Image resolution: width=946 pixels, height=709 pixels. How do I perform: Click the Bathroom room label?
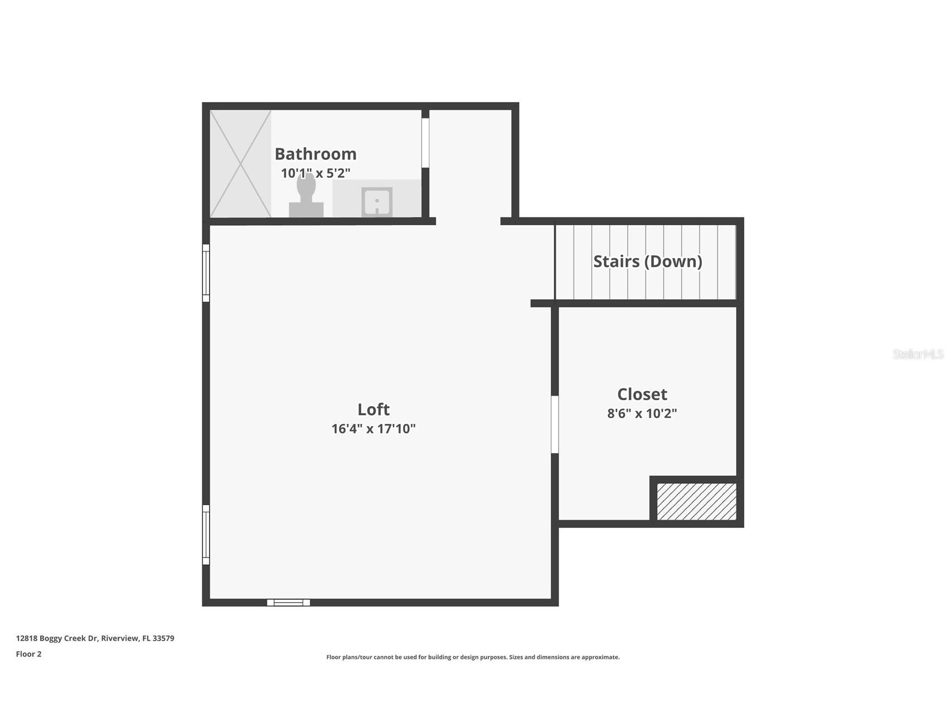pyautogui.click(x=315, y=154)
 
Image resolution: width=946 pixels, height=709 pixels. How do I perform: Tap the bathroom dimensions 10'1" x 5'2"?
pyautogui.click(x=315, y=173)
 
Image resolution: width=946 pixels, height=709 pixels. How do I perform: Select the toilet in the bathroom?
pyautogui.click(x=306, y=196)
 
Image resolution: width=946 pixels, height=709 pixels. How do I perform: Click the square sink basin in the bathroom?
pyautogui.click(x=377, y=202)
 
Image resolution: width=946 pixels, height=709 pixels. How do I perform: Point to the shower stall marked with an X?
pyautogui.click(x=240, y=164)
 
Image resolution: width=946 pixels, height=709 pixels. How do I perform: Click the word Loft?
pyautogui.click(x=373, y=410)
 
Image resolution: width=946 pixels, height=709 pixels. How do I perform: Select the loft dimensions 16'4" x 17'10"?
pyautogui.click(x=373, y=429)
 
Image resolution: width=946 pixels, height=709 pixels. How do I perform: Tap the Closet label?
pyautogui.click(x=642, y=395)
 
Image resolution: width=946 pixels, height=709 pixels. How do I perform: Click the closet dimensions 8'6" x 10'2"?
pyautogui.click(x=642, y=414)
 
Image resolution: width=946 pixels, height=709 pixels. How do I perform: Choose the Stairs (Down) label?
pyautogui.click(x=647, y=261)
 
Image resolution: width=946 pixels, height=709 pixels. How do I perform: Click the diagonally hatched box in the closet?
pyautogui.click(x=696, y=502)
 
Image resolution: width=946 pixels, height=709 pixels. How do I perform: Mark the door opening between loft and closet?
pyautogui.click(x=555, y=424)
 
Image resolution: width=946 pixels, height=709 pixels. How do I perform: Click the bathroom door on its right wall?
pyautogui.click(x=425, y=143)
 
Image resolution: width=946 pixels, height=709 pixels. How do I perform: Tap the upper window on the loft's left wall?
pyautogui.click(x=206, y=273)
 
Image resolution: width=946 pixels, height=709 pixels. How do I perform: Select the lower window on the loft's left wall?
pyautogui.click(x=206, y=535)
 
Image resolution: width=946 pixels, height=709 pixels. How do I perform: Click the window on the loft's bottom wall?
pyautogui.click(x=288, y=603)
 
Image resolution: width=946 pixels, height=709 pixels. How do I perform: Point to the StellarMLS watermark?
pyautogui.click(x=918, y=354)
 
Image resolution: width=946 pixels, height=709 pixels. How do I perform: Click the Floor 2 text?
pyautogui.click(x=28, y=654)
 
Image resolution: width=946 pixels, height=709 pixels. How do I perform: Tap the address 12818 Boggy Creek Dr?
pyautogui.click(x=95, y=639)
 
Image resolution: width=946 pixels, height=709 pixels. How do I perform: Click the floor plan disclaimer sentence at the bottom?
pyautogui.click(x=473, y=658)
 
